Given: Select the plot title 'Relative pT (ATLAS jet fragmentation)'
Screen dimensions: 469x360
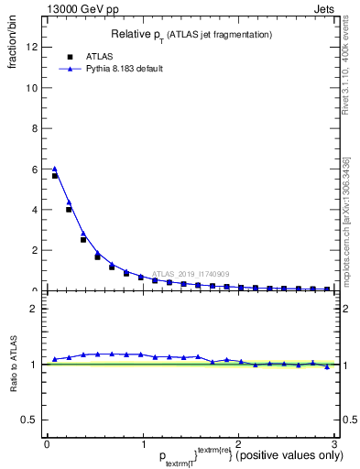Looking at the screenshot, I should click(x=191, y=35).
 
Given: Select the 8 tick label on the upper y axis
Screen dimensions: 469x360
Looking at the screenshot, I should click(x=34, y=128).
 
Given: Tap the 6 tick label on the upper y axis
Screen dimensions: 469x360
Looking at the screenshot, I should click(x=34, y=169).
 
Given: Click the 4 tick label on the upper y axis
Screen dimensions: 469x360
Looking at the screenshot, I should click(x=34, y=210).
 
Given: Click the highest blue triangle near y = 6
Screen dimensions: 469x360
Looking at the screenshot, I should click(x=55, y=169).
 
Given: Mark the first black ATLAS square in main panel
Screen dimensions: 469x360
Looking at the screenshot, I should click(x=55, y=176).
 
